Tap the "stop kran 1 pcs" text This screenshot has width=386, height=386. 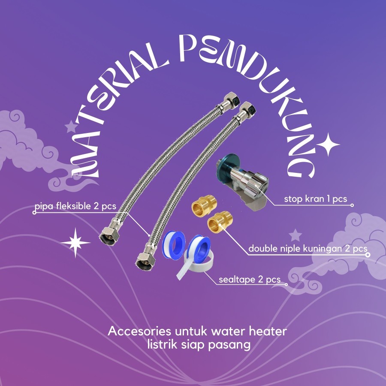click(315, 199)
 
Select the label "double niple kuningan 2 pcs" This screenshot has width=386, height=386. click(308, 249)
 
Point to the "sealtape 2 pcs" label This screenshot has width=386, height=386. click(249, 280)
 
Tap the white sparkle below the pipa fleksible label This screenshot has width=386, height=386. click(75, 243)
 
